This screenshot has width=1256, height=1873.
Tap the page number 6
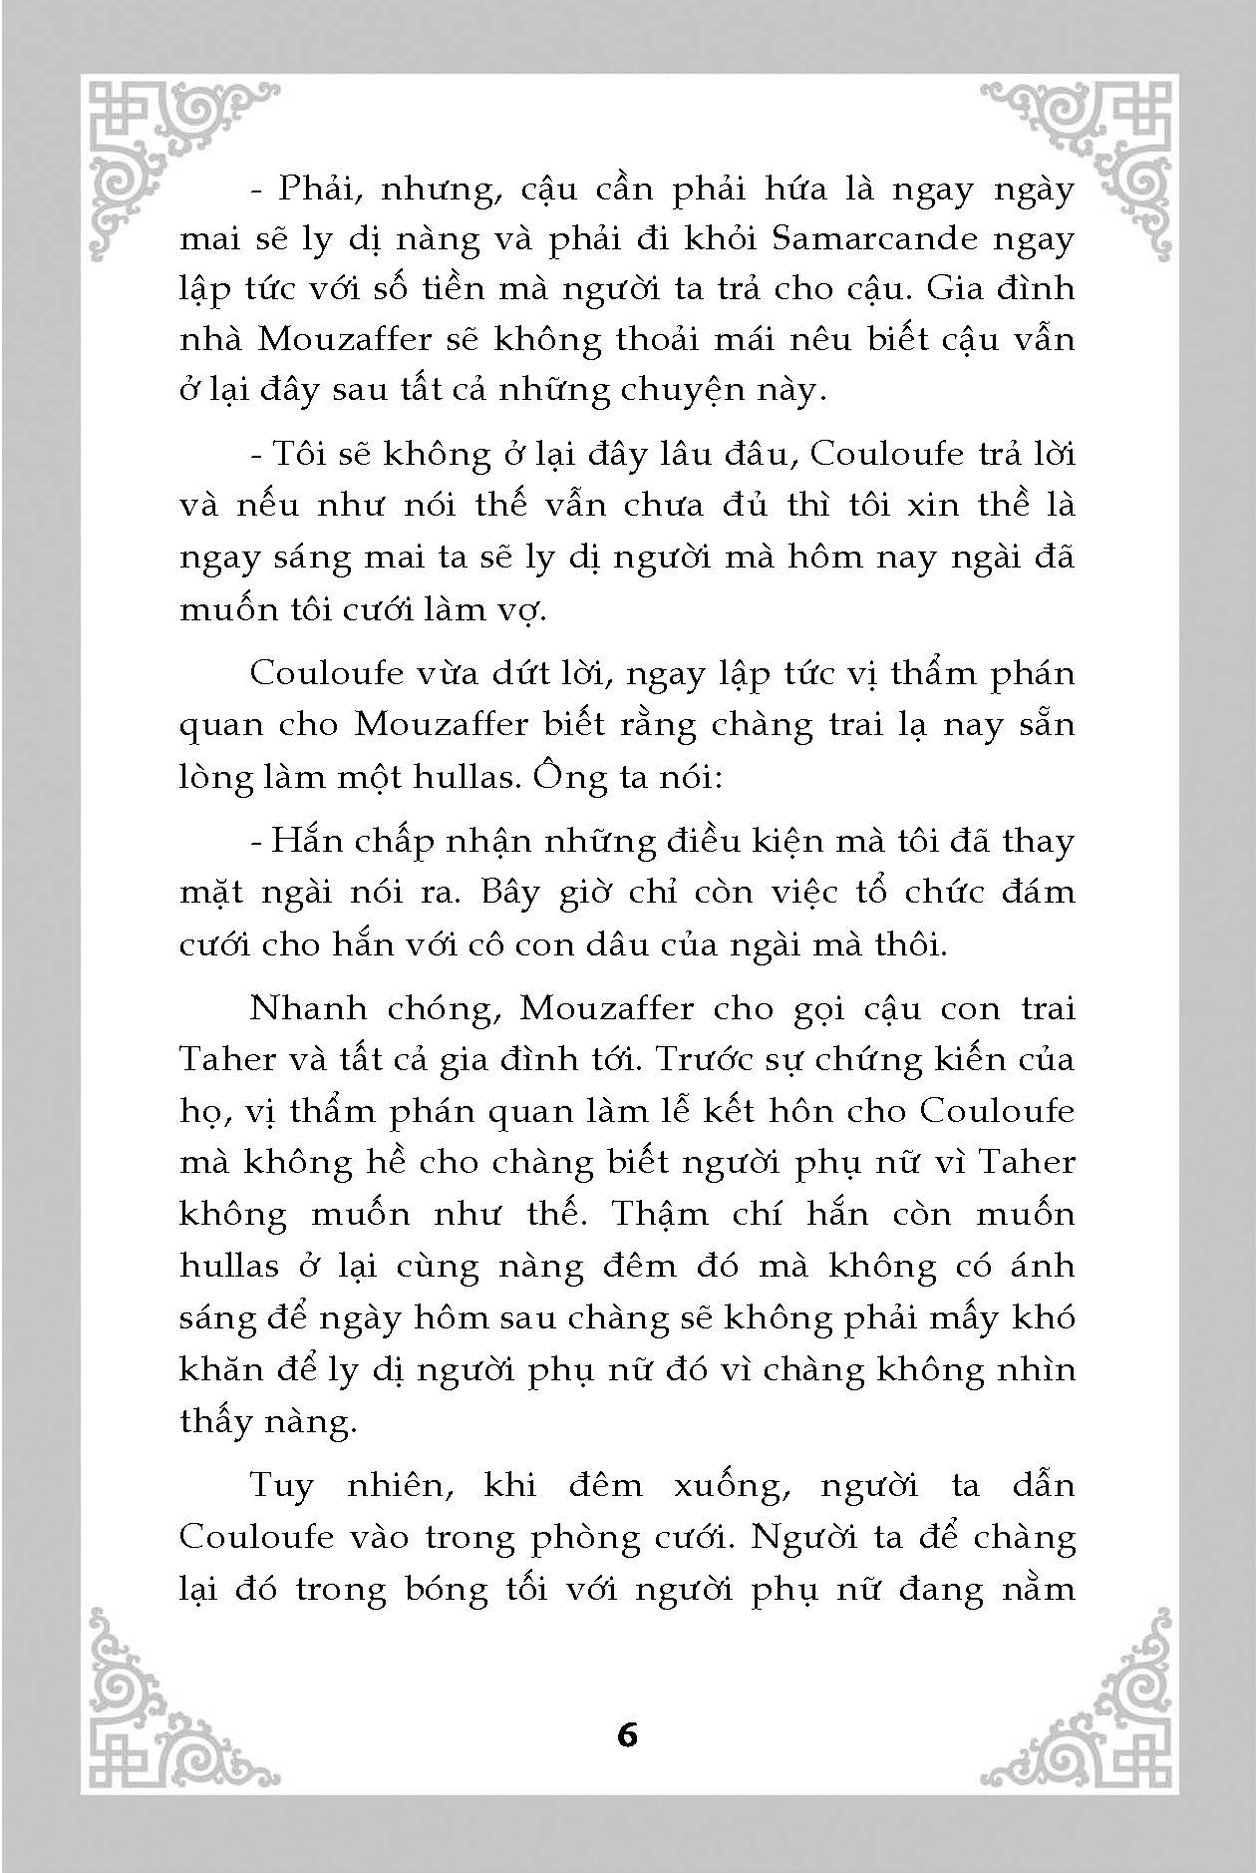(627, 1735)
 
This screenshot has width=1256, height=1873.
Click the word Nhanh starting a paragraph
(309, 1008)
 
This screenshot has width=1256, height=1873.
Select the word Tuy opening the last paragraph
(281, 1486)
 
